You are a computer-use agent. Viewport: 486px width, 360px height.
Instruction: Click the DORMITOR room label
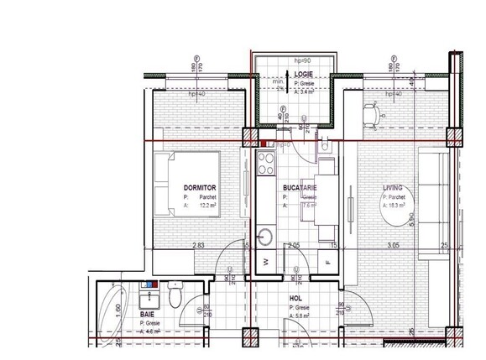tap(201, 187)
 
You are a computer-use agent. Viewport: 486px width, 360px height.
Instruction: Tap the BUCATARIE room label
tap(300, 187)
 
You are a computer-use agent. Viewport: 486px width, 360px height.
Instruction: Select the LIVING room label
tap(392, 187)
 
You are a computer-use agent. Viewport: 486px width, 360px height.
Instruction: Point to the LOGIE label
tap(304, 75)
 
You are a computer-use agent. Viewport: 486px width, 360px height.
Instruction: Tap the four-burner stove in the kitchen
tap(268, 160)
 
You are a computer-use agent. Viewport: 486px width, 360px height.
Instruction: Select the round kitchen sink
tap(268, 237)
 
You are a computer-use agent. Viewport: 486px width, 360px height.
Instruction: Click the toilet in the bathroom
tap(174, 297)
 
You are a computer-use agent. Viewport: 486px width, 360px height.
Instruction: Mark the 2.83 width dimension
tap(198, 246)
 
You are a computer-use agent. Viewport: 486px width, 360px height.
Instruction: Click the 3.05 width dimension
tap(392, 246)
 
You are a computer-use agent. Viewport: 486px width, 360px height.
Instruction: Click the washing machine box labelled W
tap(267, 262)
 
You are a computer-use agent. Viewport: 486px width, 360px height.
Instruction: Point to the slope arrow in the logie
tap(280, 81)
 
